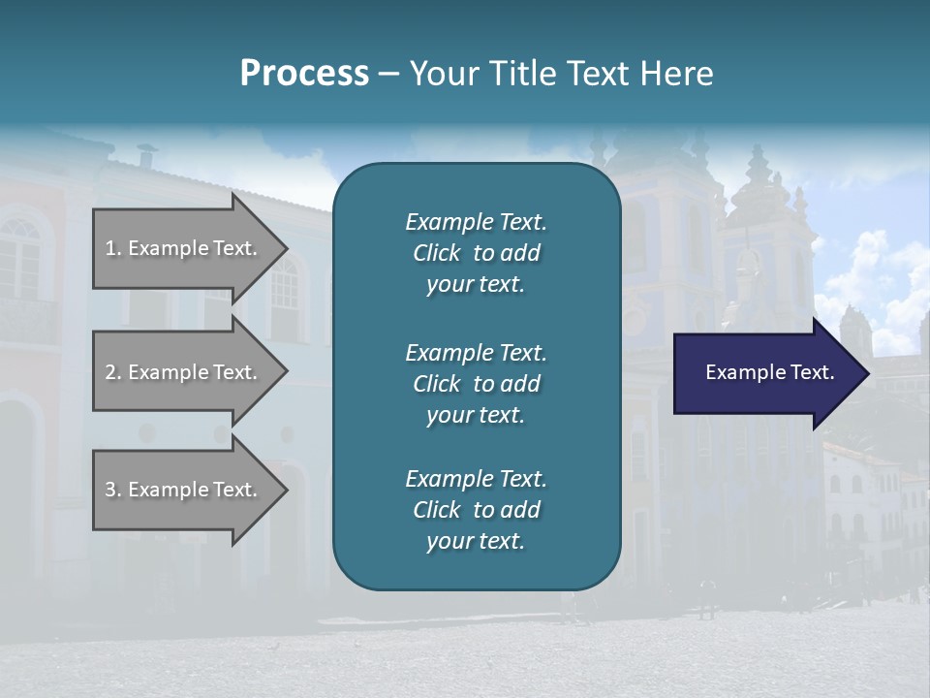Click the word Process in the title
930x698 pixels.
click(x=304, y=74)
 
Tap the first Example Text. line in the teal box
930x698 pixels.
click(x=476, y=222)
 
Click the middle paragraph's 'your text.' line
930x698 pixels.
click(x=476, y=415)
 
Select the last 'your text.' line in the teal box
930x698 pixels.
click(x=476, y=541)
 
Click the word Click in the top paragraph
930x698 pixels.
click(x=437, y=254)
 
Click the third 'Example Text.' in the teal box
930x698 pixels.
click(x=476, y=479)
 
